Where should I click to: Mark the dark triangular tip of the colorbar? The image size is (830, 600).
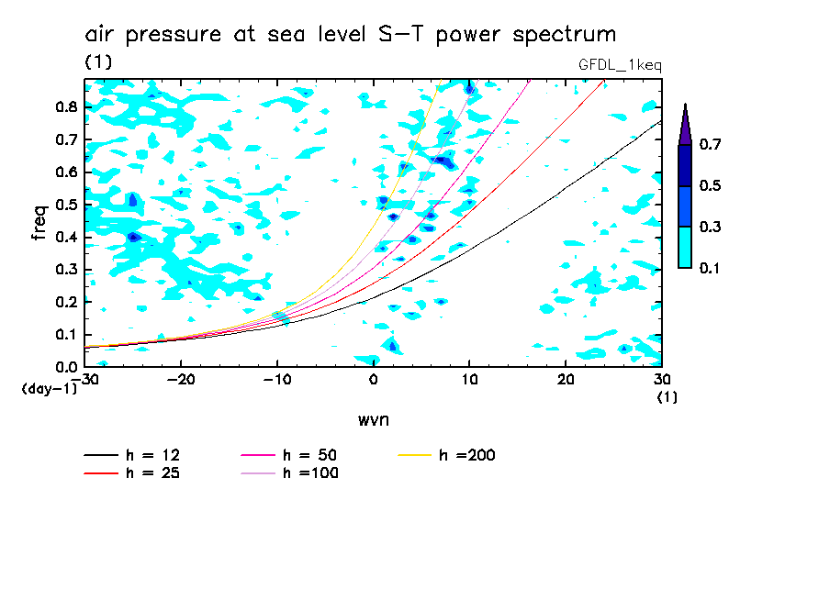coord(685,124)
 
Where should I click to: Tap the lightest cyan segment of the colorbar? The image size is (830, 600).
coord(685,247)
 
